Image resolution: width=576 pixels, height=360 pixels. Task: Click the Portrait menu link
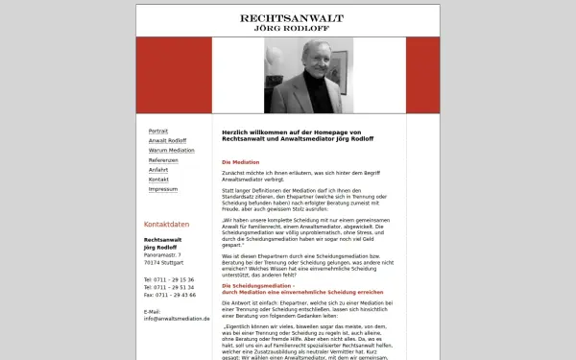coord(158,131)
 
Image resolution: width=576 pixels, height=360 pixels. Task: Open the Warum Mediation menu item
coord(171,150)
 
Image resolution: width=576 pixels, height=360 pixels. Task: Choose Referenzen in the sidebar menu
coord(163,159)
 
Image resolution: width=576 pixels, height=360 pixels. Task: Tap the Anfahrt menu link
coord(158,170)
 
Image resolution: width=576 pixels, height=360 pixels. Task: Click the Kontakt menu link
coord(158,180)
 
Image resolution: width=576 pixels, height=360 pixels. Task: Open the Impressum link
coord(163,189)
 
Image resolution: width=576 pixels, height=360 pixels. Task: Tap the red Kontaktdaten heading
coord(166,224)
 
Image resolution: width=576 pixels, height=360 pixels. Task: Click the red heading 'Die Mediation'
coord(241,162)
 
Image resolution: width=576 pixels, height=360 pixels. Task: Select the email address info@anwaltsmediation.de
coord(176,318)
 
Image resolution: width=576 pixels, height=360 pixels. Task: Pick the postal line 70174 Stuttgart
coord(164,262)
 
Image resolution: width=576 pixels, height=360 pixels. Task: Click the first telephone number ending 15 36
coord(169,278)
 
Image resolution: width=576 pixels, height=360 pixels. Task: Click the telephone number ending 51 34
coord(169,286)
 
